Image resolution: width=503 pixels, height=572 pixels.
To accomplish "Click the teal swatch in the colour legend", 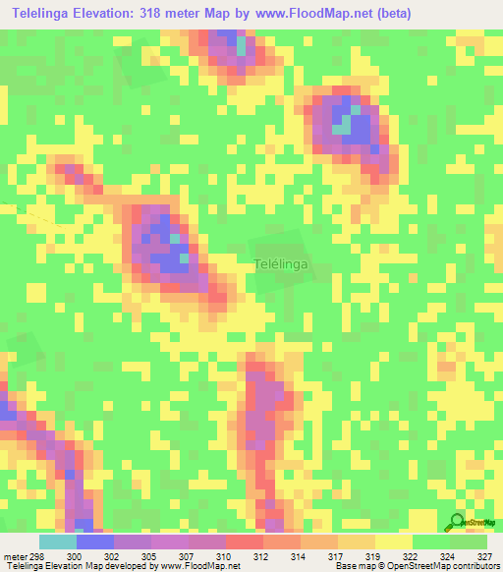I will (57, 543).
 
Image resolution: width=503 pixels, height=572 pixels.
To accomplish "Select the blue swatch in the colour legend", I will (94, 543).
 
